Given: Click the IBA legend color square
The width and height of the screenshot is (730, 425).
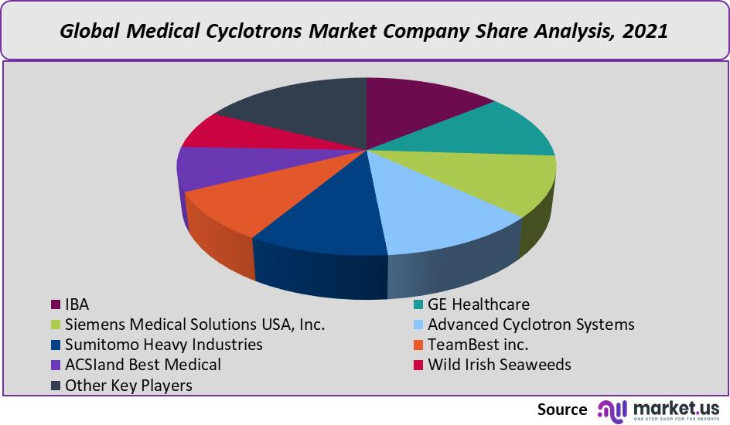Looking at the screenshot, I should [x=56, y=304].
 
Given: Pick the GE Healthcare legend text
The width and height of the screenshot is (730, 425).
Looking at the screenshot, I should [x=479, y=304].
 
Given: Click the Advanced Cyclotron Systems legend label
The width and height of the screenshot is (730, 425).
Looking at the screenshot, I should [x=530, y=325].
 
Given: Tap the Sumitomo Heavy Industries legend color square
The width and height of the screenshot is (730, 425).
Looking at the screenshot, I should [x=56, y=345].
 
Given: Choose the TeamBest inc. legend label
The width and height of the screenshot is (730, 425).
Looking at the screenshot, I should [x=478, y=345].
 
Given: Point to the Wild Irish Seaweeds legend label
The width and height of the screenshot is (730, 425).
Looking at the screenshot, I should [x=499, y=365].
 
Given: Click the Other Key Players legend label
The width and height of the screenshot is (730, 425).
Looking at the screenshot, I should [x=128, y=385].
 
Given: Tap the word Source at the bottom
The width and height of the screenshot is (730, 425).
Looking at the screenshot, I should [x=562, y=410].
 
